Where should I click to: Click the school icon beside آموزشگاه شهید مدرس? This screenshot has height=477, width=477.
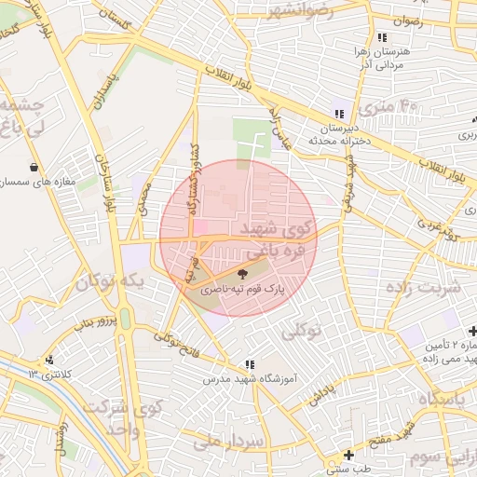click(x=250, y=364)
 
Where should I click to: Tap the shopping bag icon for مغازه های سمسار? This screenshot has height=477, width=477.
click(x=34, y=167)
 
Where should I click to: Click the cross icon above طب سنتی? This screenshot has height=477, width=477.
click(x=348, y=455)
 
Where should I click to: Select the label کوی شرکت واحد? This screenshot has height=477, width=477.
click(x=111, y=419)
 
